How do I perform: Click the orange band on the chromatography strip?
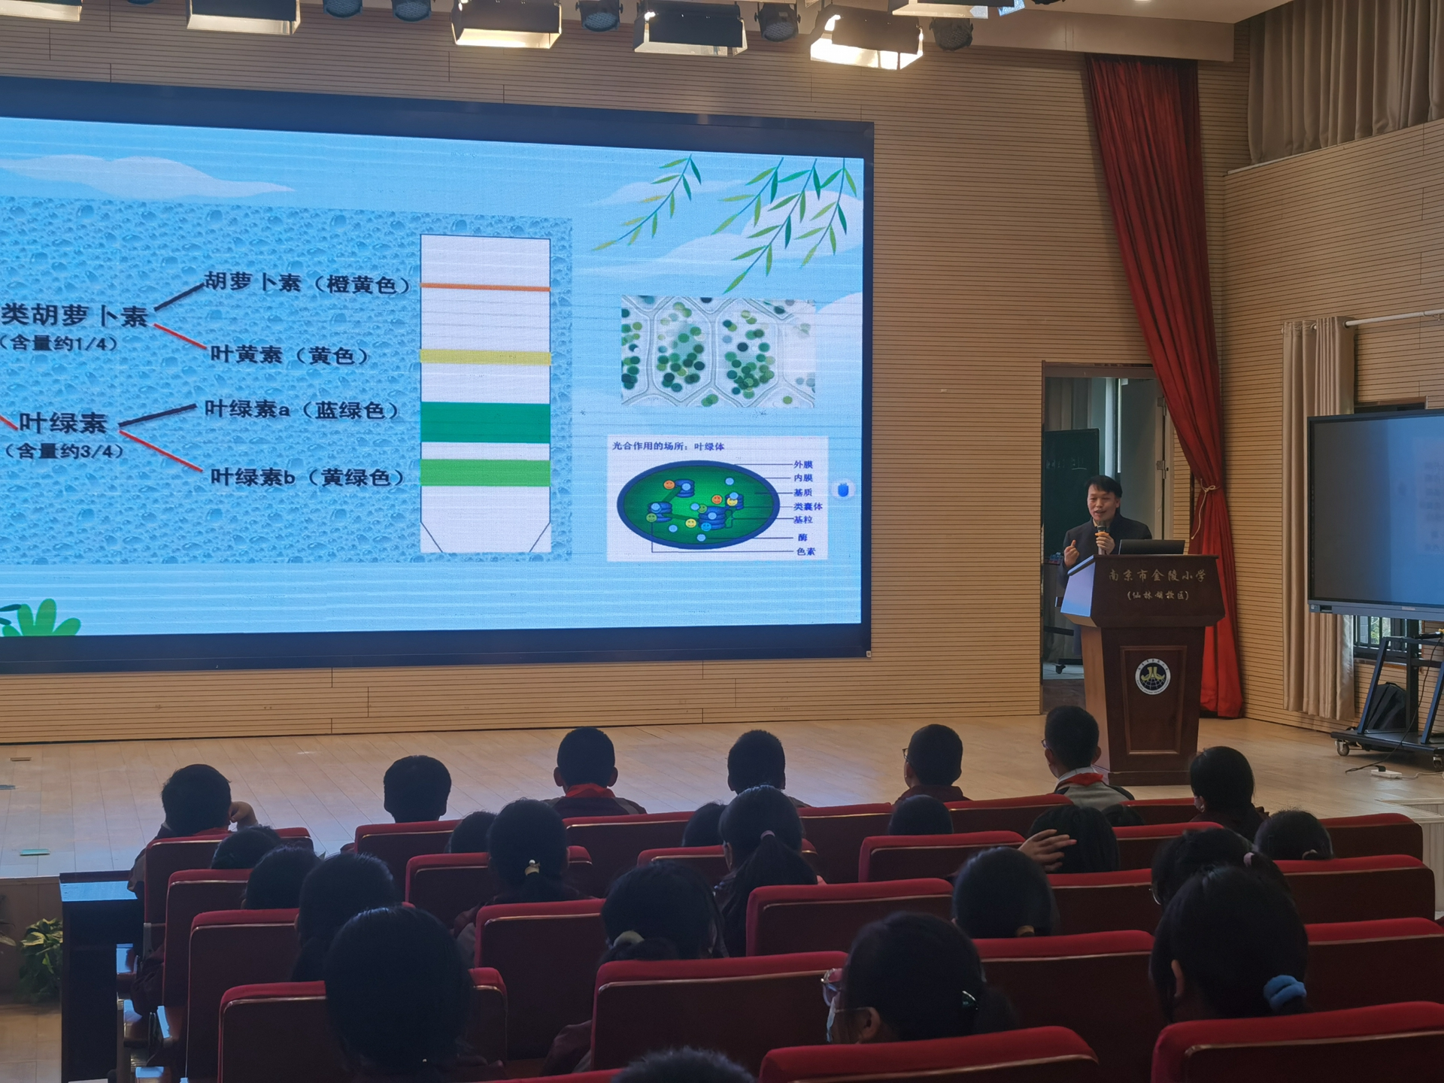pos(485,287)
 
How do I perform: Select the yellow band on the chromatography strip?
pos(485,356)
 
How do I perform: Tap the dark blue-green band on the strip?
pos(485,422)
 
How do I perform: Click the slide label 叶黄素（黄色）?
pos(290,354)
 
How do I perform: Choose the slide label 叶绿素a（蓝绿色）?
pos(302,410)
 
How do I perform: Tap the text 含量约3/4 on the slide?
pos(65,451)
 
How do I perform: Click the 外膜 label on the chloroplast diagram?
pos(802,464)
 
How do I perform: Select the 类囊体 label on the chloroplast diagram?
pos(807,506)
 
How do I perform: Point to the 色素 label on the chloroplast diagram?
pos(805,551)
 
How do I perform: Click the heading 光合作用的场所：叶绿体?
pos(668,446)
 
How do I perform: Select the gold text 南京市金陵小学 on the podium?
pos(1156,576)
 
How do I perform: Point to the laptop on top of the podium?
pos(1151,547)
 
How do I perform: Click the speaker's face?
pos(1100,499)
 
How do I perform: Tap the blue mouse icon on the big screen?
pos(843,490)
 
